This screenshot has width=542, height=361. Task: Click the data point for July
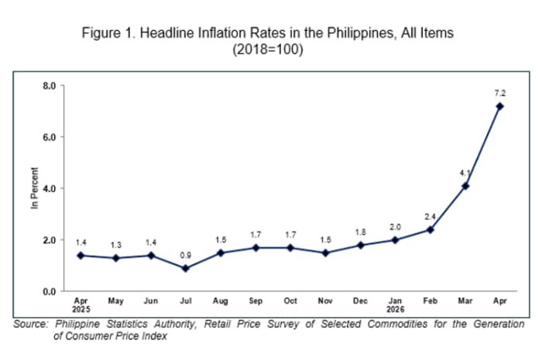(186, 268)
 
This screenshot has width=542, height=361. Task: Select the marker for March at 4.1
(465, 186)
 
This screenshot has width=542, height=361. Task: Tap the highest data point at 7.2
(500, 106)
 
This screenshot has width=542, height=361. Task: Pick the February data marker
(430, 229)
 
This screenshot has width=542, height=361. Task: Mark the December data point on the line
(361, 245)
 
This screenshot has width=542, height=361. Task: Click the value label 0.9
(186, 255)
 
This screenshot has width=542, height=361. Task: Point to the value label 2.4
(430, 217)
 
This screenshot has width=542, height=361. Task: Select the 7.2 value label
(500, 93)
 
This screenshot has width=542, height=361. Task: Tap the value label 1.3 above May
(116, 245)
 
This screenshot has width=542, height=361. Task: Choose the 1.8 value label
(361, 232)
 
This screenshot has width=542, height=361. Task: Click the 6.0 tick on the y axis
(49, 137)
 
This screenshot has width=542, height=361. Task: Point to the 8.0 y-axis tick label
(49, 86)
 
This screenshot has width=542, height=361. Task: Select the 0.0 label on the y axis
(49, 292)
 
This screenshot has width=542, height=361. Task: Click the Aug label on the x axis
(221, 301)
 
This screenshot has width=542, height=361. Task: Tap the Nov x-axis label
(325, 301)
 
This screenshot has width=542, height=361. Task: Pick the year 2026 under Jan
(396, 309)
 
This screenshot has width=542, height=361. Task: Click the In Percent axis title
(34, 188)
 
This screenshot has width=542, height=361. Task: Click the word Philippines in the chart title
(360, 33)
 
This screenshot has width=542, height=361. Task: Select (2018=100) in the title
(268, 49)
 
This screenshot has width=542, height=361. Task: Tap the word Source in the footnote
(30, 324)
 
